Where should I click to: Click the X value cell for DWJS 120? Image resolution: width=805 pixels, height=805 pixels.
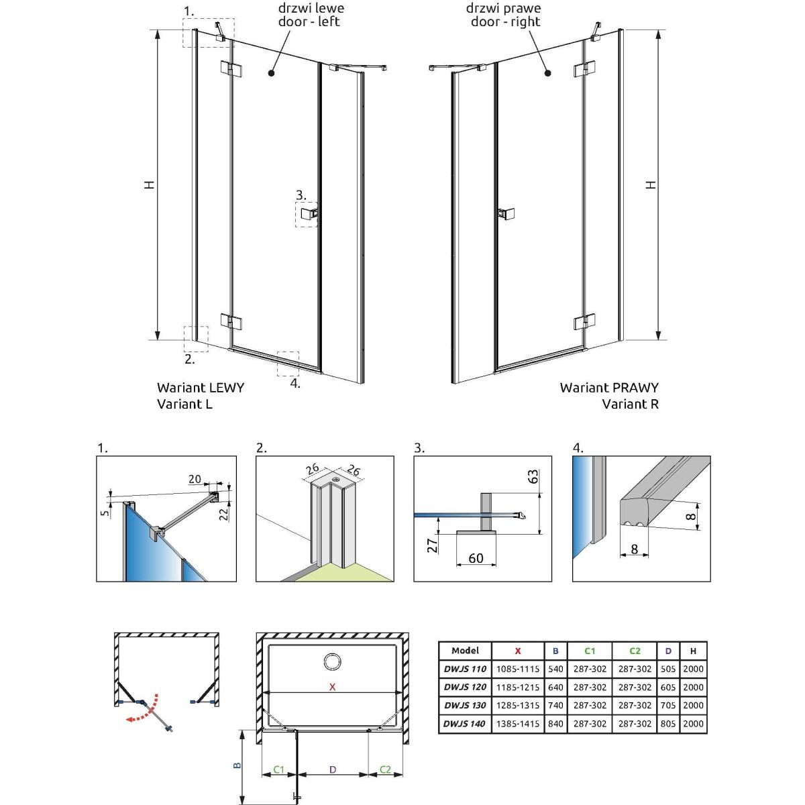(518, 687)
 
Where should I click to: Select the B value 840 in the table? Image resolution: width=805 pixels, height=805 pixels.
(555, 724)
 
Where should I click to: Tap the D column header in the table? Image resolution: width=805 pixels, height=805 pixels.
(668, 651)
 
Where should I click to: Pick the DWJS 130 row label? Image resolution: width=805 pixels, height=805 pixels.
(465, 706)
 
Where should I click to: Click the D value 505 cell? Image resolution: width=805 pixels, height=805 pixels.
(668, 669)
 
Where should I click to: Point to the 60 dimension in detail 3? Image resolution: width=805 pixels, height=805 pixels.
(476, 558)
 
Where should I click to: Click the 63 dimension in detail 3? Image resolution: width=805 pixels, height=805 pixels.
(533, 477)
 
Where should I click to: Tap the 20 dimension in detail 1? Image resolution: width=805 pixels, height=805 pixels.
(195, 479)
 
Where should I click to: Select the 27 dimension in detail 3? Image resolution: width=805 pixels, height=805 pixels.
(433, 545)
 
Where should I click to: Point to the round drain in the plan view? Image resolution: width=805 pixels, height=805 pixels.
(332, 662)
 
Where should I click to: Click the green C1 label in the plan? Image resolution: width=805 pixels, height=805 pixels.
(279, 769)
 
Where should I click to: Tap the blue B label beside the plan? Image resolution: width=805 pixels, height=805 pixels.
(237, 765)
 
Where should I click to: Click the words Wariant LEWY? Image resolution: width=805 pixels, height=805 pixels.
(201, 388)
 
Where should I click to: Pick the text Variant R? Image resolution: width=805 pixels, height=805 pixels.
(630, 404)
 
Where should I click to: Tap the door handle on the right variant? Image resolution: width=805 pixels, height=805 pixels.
(504, 213)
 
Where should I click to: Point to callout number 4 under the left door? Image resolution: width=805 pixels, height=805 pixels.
(295, 384)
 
